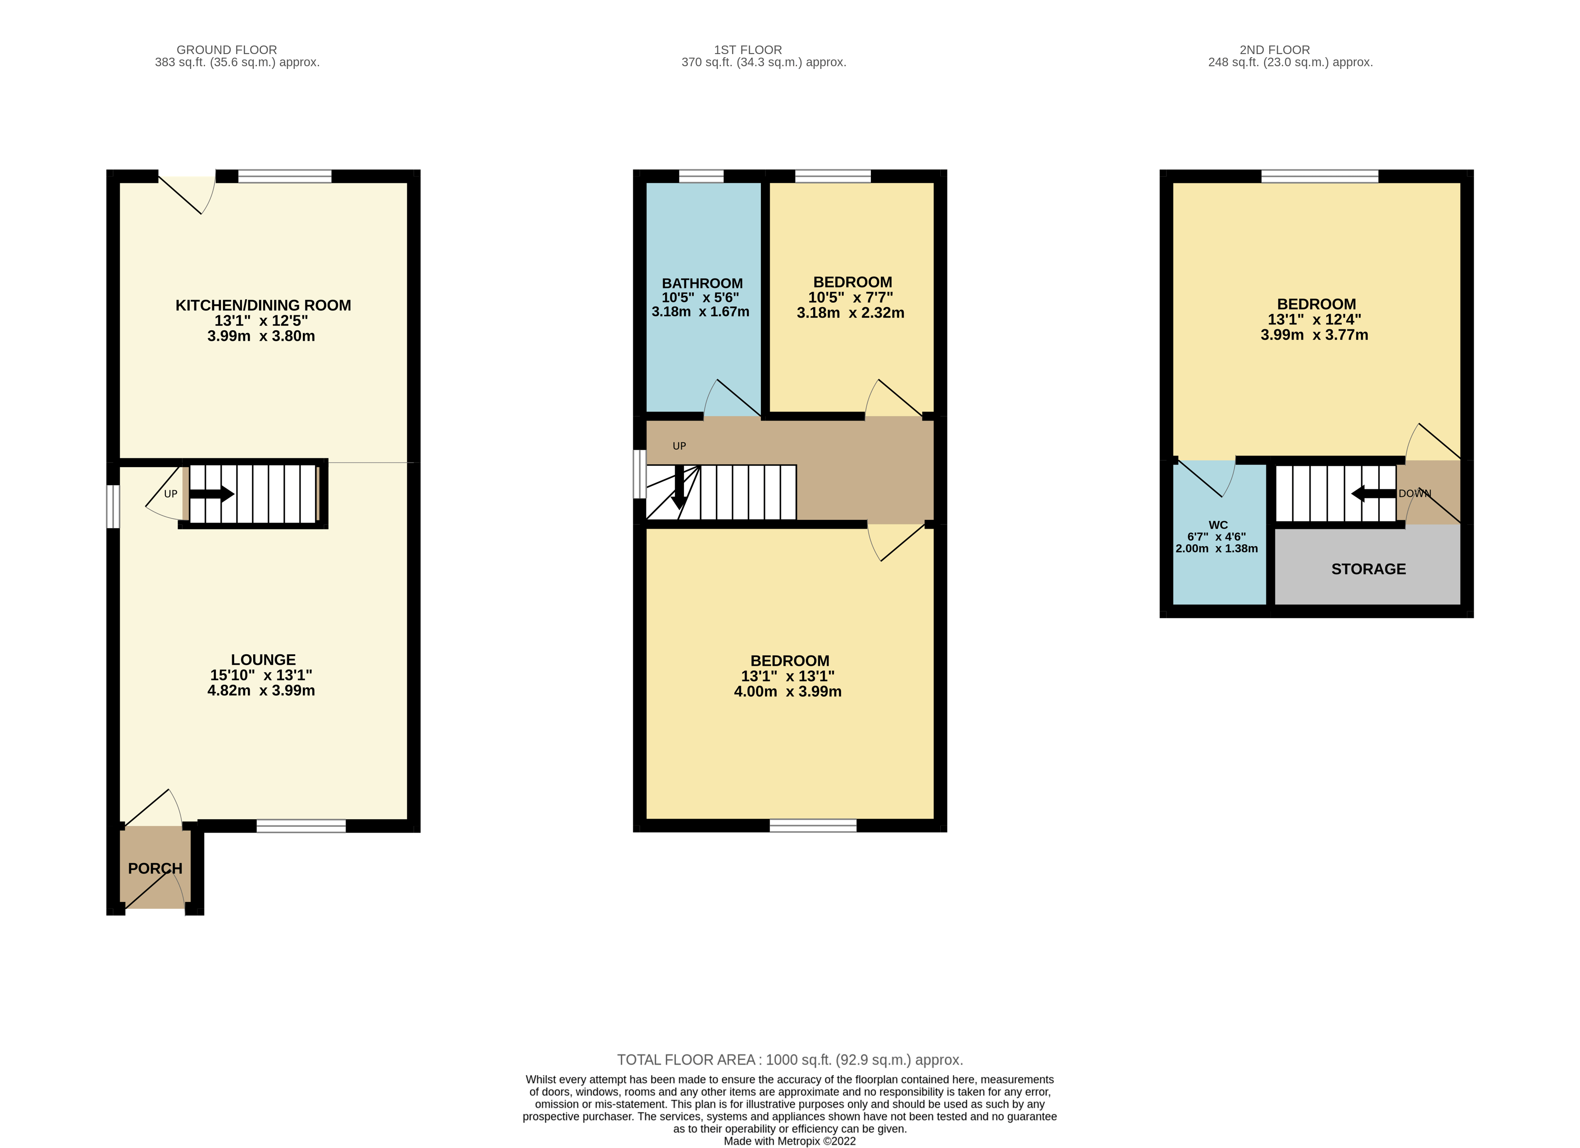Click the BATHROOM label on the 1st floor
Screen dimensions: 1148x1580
(701, 283)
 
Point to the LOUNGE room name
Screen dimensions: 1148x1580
(263, 660)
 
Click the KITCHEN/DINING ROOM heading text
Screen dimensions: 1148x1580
(263, 305)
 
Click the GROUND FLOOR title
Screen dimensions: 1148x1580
(227, 50)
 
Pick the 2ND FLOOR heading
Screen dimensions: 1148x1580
(1274, 50)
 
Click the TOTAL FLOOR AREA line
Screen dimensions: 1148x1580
(789, 1060)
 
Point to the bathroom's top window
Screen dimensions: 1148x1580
(701, 176)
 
